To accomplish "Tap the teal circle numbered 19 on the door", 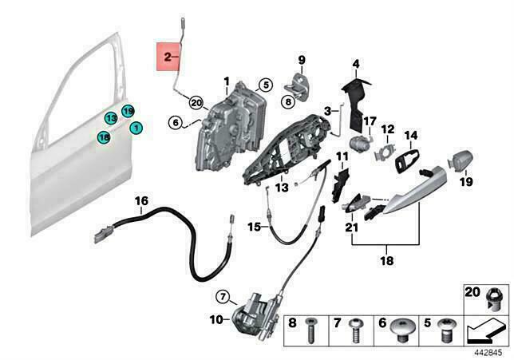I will [x=127, y=110].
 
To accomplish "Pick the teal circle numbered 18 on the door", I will [x=104, y=138].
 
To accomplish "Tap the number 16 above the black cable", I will [x=140, y=200].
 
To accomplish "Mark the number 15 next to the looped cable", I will [x=252, y=227].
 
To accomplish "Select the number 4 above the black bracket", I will [x=356, y=63].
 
